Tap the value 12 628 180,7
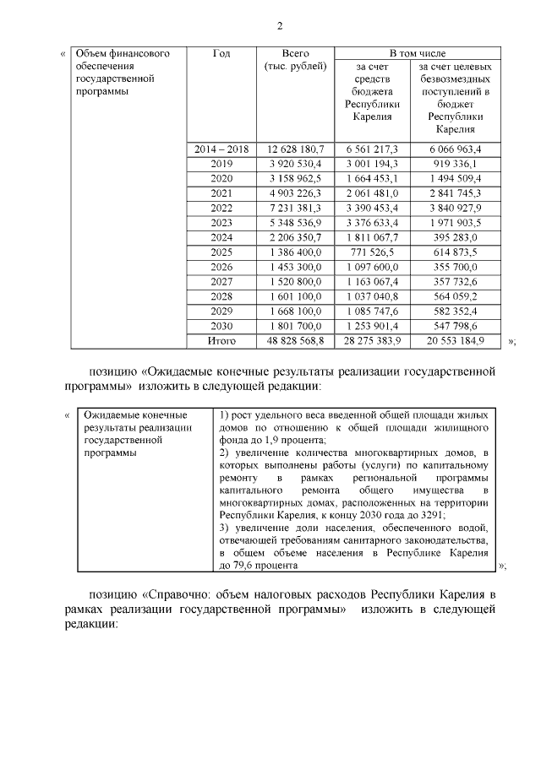295,149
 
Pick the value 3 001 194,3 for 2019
371,164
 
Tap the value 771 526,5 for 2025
372,252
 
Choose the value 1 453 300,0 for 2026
295,267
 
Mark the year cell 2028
221,296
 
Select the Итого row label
221,340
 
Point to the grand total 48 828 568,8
295,340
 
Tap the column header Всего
295,53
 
